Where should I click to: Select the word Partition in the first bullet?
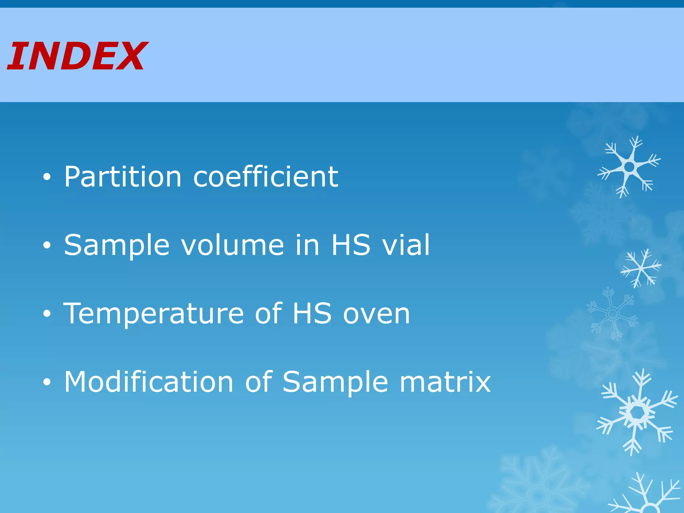pos(123,177)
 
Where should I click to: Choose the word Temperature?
pos(154,314)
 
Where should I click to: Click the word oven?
pos(376,314)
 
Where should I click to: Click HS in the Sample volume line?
pos(351,245)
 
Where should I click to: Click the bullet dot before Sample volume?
pos(47,246)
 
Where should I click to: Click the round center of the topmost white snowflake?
pos(629,166)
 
